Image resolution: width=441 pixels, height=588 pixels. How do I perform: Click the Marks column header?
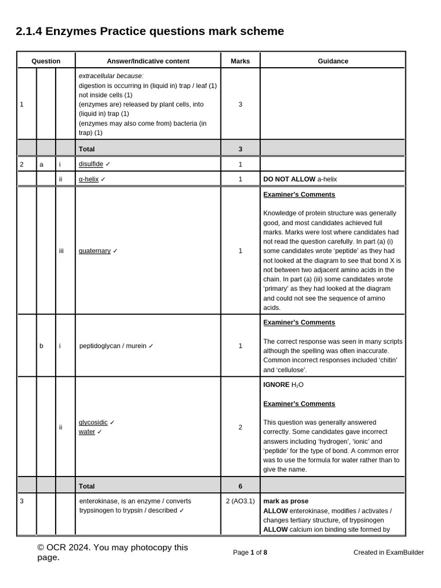(240, 61)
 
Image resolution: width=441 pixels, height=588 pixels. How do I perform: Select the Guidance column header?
(333, 61)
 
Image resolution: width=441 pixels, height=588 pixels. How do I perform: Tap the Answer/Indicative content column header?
(148, 61)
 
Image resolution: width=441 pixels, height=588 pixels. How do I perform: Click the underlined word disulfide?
(91, 164)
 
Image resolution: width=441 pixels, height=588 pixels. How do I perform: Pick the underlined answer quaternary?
(95, 251)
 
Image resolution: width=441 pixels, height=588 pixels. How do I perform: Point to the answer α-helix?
(89, 179)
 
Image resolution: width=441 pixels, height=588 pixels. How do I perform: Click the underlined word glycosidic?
(93, 423)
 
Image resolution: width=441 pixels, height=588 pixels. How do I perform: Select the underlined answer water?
(87, 432)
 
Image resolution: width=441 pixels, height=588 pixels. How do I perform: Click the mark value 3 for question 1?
(240, 105)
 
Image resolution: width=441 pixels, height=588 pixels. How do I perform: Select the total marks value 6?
(240, 486)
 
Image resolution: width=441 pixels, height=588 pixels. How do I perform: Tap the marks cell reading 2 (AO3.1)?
(240, 501)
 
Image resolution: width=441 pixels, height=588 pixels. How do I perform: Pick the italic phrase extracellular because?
(111, 76)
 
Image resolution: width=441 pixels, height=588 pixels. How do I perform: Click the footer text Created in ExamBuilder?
(389, 552)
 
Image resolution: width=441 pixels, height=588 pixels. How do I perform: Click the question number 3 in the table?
(22, 501)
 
